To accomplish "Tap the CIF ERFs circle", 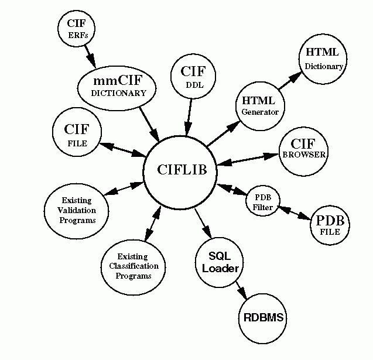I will click(77, 29).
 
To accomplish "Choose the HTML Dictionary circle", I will click(323, 59).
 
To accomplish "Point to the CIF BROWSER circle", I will click(303, 150).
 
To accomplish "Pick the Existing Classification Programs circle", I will click(134, 266).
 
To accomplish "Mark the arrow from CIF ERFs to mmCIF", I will click(90, 56).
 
